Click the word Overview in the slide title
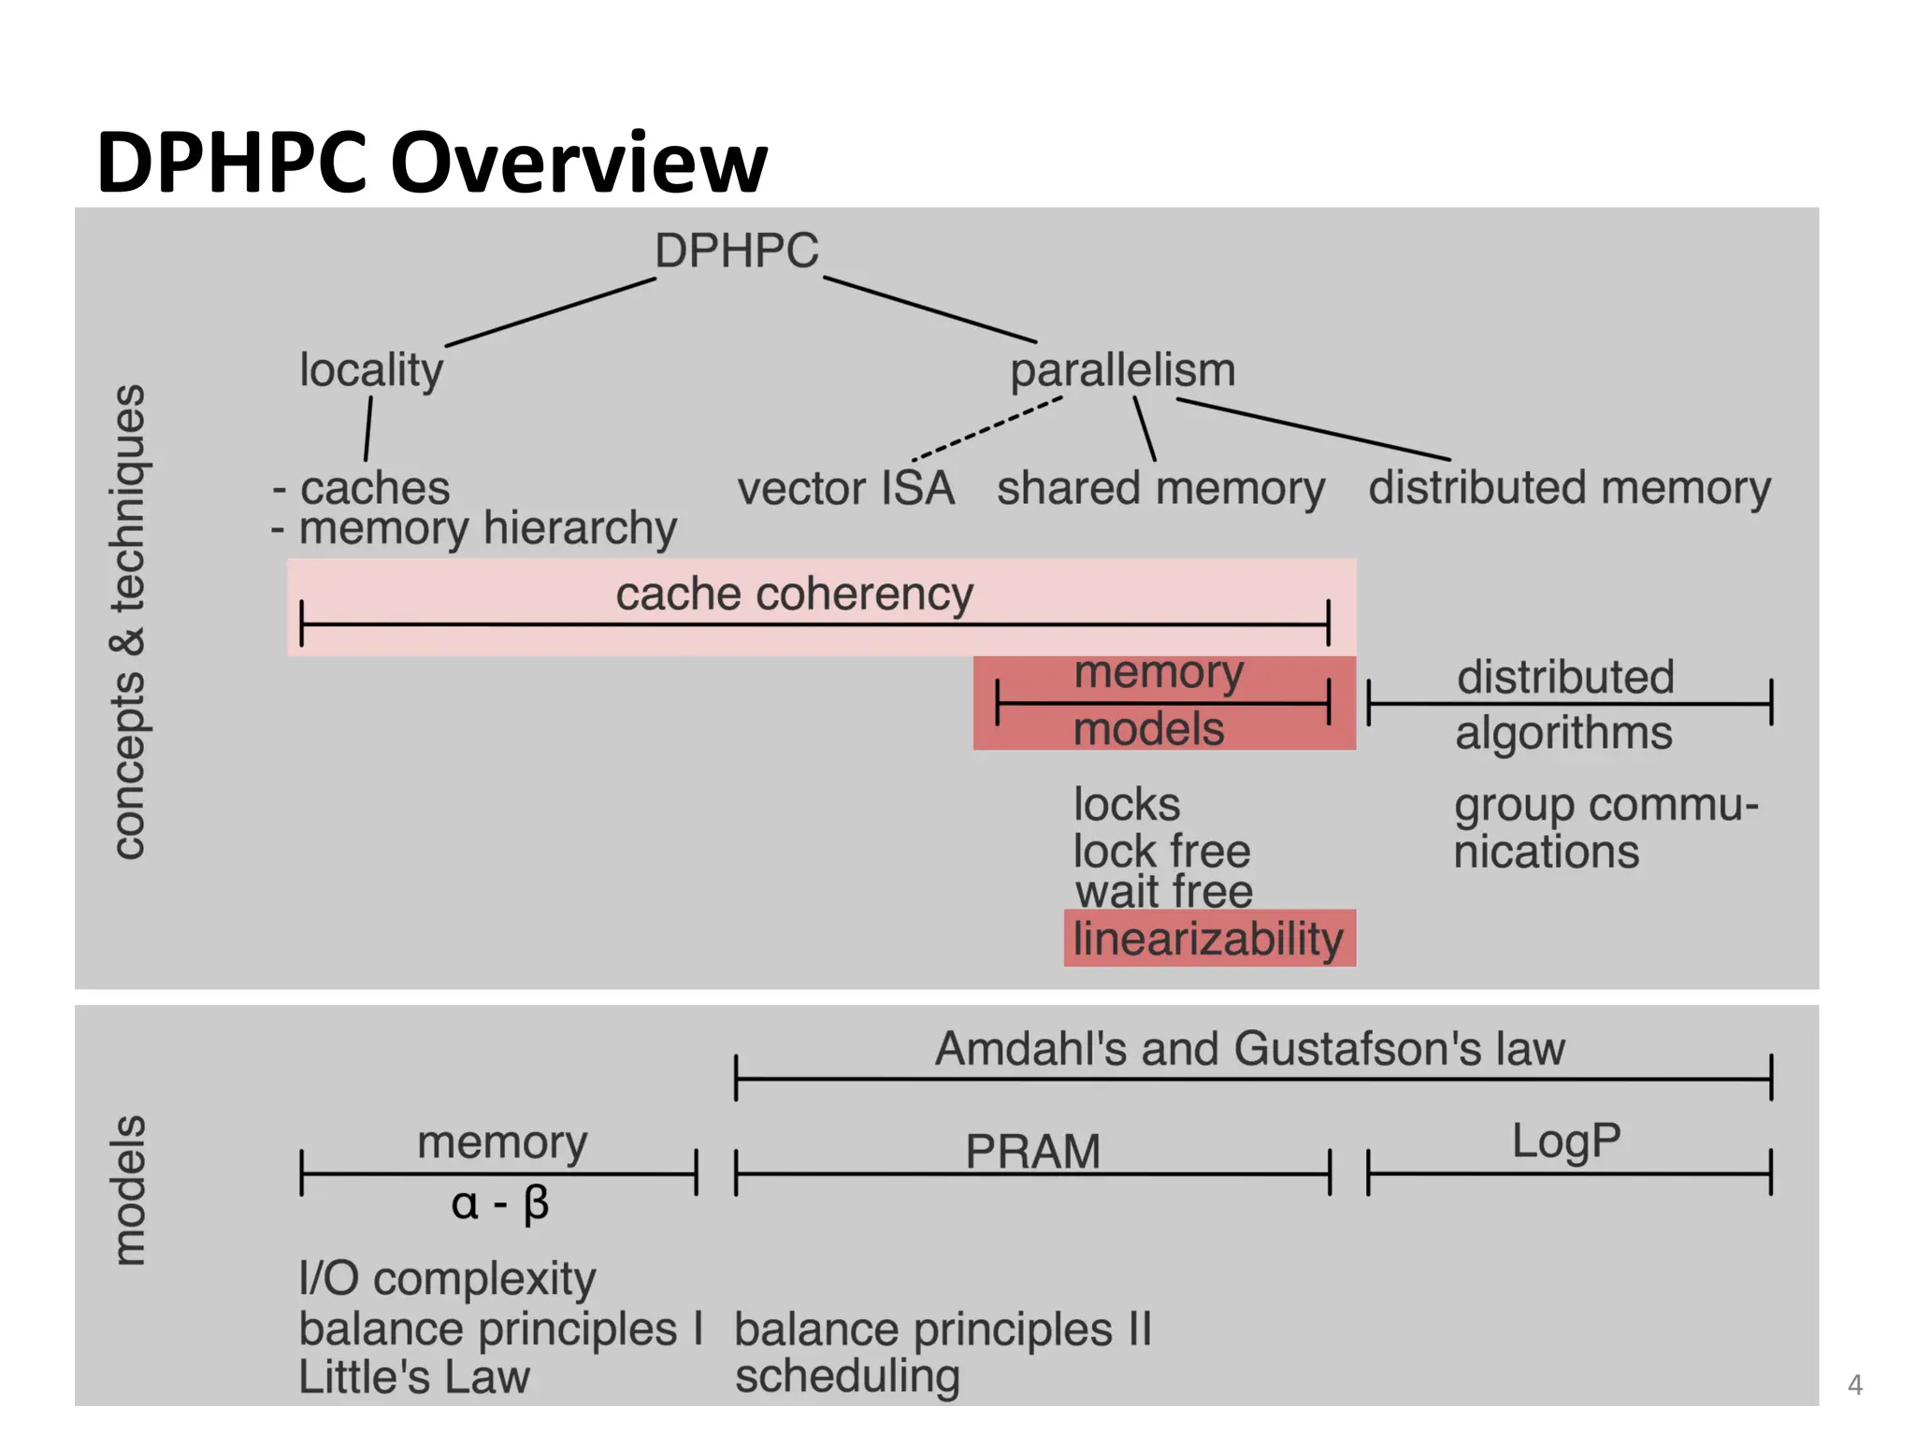click(579, 163)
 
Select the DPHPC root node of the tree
click(736, 251)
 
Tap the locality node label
click(371, 370)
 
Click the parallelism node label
click(1122, 370)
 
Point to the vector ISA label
click(845, 489)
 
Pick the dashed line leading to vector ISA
click(986, 429)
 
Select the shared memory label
click(1160, 489)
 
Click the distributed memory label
click(1569, 489)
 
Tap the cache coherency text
click(794, 595)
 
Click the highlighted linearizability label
click(1208, 939)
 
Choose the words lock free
click(1160, 851)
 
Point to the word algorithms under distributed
click(1563, 733)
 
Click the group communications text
click(1605, 828)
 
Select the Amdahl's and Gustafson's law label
click(1249, 1049)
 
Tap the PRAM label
click(1032, 1151)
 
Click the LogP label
click(1566, 1142)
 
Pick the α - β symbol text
click(499, 1203)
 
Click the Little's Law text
click(414, 1377)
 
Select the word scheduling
click(847, 1377)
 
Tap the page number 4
click(1855, 1385)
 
